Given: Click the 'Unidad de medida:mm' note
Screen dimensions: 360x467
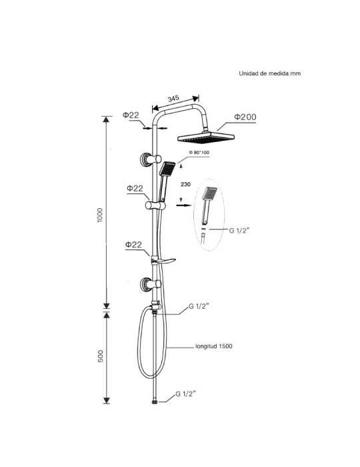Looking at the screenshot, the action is pos(269,73).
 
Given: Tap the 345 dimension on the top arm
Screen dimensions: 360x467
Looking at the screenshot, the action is pos(173,99).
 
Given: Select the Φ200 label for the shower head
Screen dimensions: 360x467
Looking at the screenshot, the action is pos(245,117).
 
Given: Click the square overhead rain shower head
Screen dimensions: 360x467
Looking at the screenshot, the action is pos(206,137).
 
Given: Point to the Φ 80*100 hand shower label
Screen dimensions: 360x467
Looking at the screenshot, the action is pos(199,153).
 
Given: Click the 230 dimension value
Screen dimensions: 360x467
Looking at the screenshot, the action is pos(185,184).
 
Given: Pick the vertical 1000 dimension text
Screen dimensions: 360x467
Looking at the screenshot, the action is pos(100,215).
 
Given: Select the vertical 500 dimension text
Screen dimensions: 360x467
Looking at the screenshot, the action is pos(101,356).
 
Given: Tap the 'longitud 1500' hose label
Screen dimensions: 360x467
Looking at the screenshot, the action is pos(213,346).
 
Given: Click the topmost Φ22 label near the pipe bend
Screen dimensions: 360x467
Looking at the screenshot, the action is pos(131,115).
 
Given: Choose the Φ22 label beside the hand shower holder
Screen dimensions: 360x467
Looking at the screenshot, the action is pos(135,189).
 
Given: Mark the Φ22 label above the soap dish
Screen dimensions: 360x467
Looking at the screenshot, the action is pos(133,245).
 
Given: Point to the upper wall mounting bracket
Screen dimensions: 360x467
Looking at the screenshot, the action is pos(150,159).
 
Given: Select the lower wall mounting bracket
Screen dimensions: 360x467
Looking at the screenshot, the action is pos(150,284).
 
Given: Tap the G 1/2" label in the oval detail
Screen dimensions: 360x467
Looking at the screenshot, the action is pos(239,230).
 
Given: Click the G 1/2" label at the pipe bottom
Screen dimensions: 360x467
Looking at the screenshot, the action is pos(185,394).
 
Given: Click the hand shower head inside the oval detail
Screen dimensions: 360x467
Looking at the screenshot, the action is pos(209,193).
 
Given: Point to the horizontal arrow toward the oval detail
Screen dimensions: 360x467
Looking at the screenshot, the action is pos(184,205).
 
